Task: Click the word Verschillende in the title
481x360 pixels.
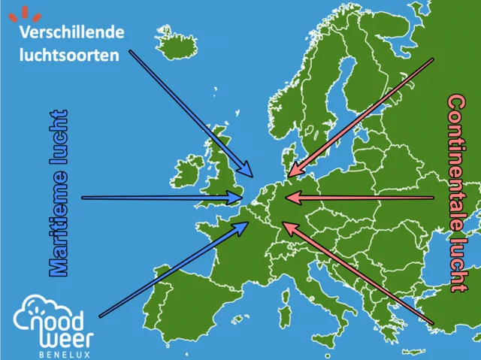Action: tap(71, 34)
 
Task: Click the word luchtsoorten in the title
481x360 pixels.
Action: tap(70, 56)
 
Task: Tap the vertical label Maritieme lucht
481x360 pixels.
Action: tap(59, 193)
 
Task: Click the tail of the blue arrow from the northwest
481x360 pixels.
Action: tap(131, 52)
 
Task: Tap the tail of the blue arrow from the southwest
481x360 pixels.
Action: tap(100, 316)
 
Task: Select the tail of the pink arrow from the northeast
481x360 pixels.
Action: tap(432, 60)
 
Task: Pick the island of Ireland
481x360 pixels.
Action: tap(186, 172)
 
